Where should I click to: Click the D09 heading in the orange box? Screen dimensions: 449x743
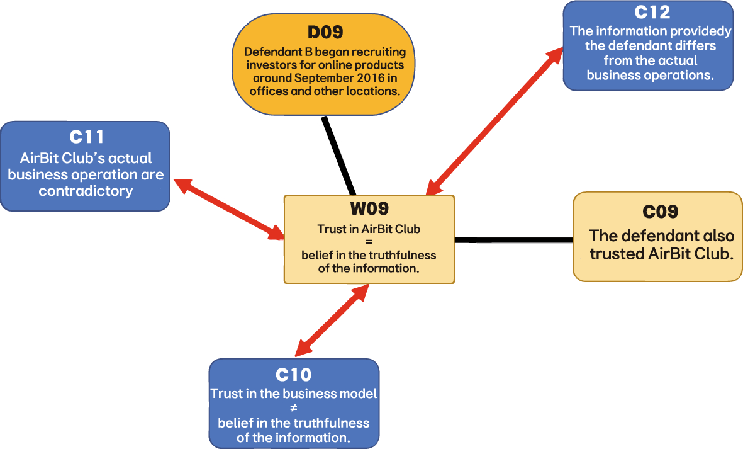[325, 33]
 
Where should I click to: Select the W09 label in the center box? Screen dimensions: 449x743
[369, 208]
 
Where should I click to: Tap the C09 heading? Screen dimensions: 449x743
[659, 212]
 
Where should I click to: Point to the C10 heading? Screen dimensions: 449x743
[293, 375]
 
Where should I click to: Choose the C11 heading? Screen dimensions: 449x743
[86, 137]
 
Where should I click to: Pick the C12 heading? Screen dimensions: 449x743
[648, 13]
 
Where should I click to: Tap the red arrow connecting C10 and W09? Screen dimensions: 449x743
[332, 320]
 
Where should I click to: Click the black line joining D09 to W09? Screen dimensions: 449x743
[338, 156]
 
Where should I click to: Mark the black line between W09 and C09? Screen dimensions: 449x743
[513, 239]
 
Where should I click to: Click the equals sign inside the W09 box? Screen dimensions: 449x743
[369, 242]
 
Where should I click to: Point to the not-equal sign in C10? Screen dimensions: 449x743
[293, 409]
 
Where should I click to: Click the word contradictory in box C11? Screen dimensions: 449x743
[86, 191]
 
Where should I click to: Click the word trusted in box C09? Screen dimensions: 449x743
[618, 254]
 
